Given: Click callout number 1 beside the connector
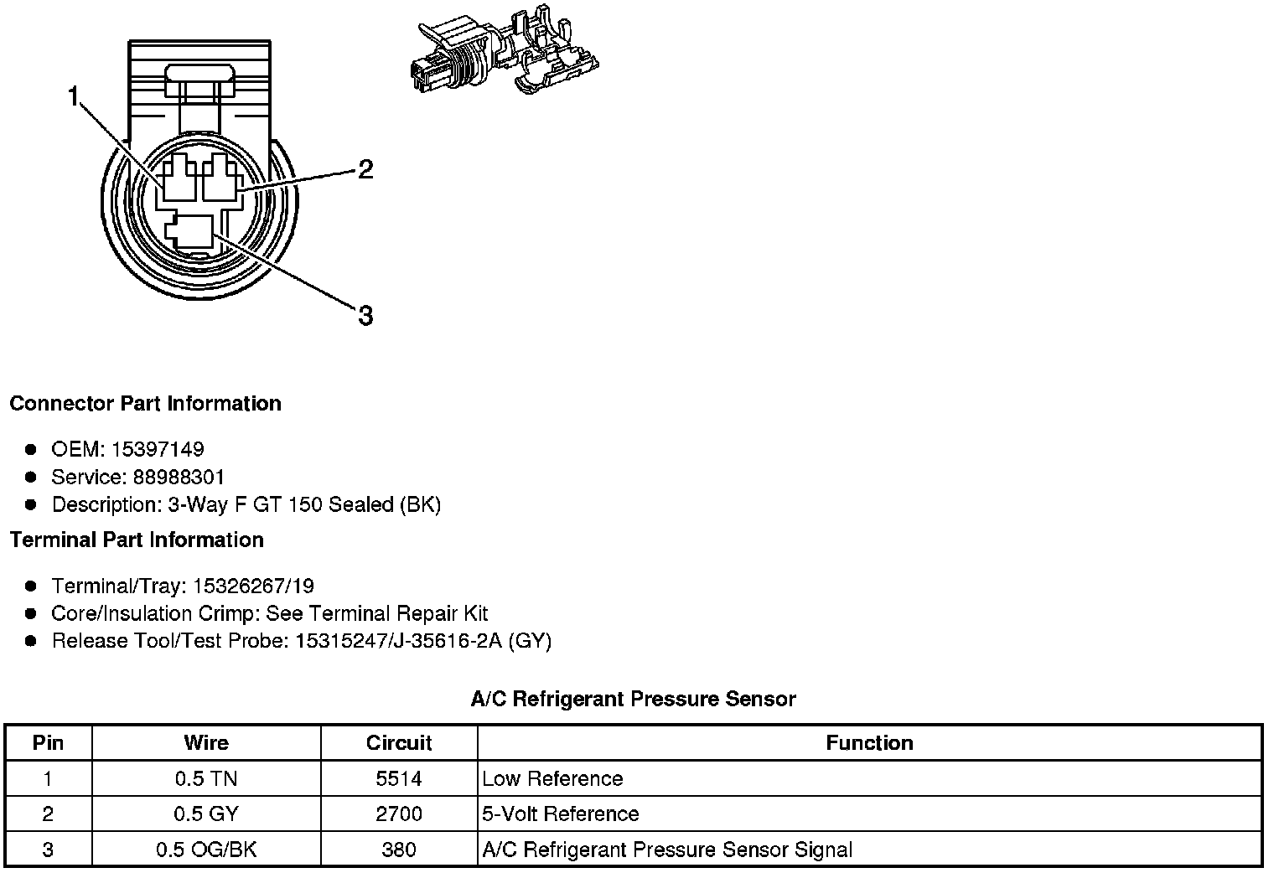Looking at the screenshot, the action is click(x=74, y=98).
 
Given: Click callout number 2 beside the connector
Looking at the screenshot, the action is click(x=365, y=170).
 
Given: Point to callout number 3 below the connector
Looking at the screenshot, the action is click(x=365, y=316).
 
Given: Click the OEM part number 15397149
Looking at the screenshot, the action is click(x=158, y=449).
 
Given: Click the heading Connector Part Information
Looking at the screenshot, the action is click(x=145, y=404).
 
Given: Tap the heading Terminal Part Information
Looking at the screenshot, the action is click(x=137, y=540).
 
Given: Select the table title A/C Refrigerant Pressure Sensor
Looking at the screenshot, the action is click(x=633, y=699).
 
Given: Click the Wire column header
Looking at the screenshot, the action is click(x=206, y=743).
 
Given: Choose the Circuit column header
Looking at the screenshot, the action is click(x=399, y=743).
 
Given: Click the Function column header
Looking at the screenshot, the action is click(x=869, y=743).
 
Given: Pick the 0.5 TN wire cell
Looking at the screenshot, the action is click(x=206, y=779).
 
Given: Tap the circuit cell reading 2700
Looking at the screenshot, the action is click(x=399, y=814).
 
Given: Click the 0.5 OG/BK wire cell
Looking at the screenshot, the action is click(x=206, y=850).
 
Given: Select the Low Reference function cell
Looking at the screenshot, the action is click(x=552, y=779).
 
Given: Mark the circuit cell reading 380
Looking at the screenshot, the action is click(x=399, y=850).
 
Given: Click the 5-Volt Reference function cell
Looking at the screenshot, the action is click(x=560, y=814).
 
